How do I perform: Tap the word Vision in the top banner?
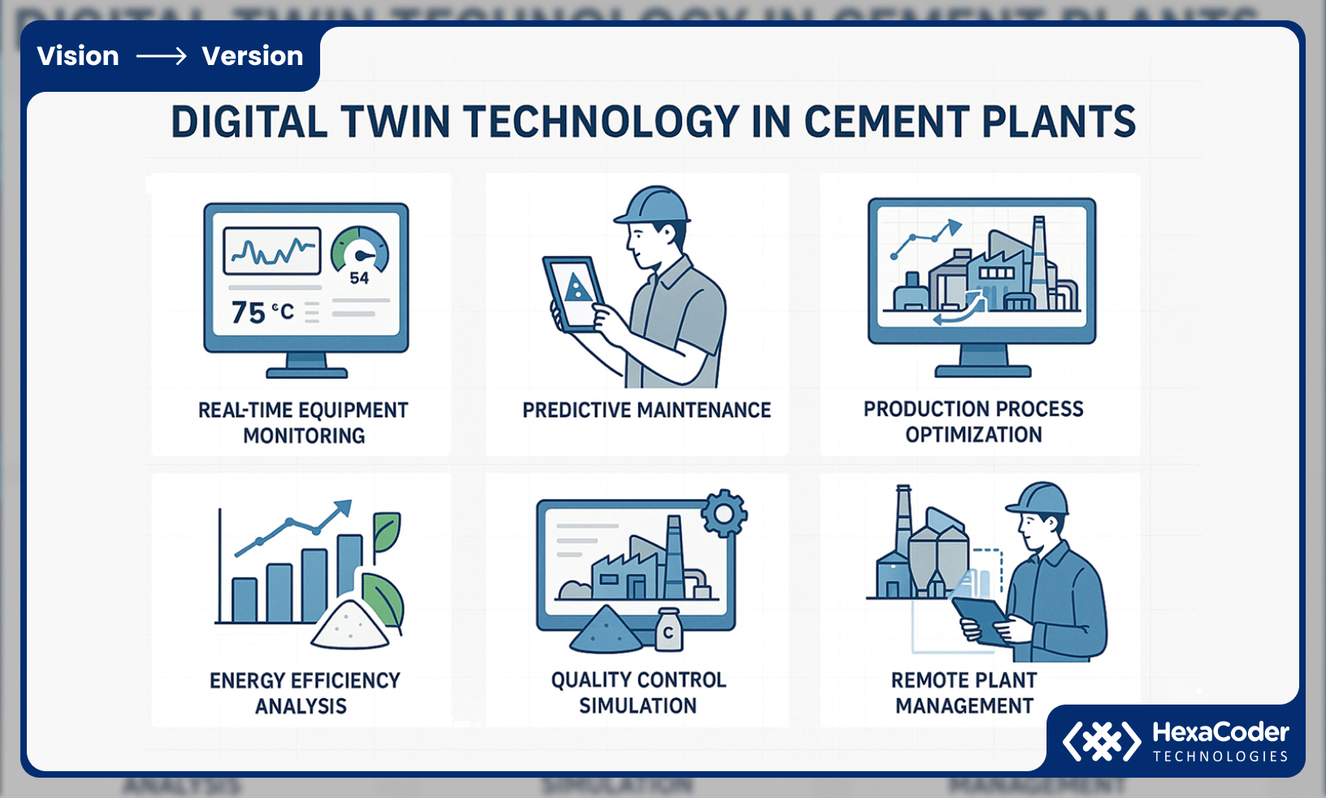tap(78, 56)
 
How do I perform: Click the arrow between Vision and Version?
tap(161, 56)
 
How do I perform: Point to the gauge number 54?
tap(359, 279)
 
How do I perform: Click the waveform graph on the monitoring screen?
tap(272, 251)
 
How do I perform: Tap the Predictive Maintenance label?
tap(646, 410)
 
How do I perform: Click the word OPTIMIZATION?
tap(973, 436)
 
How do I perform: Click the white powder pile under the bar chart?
tap(350, 627)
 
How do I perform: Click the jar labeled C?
tap(669, 631)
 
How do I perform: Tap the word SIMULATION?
tap(638, 706)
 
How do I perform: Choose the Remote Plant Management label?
tap(964, 693)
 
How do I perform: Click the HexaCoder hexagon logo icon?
tap(1102, 740)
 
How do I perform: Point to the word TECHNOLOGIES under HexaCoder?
tap(1220, 757)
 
